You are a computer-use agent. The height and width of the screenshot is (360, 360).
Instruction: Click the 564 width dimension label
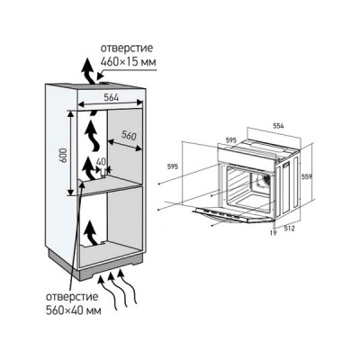coord(112,97)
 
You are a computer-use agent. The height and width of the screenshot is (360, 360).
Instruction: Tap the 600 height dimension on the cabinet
coord(63,155)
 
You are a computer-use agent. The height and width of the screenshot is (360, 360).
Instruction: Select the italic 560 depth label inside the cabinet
coord(129,136)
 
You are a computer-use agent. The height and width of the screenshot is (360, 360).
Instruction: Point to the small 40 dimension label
coord(101,162)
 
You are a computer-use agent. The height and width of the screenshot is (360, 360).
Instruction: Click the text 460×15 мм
coord(128,62)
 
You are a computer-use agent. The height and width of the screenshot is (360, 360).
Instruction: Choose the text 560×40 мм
coord(74,310)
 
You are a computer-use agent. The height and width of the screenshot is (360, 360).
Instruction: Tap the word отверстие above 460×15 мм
coord(127,49)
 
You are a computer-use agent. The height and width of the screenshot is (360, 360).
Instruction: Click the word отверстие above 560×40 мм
coord(72,297)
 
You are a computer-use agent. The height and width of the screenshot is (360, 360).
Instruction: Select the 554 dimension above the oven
coord(278,126)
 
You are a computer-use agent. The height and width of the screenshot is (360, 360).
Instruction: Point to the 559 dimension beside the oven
coord(307,176)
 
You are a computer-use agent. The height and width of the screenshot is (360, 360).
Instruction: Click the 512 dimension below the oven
coord(290,229)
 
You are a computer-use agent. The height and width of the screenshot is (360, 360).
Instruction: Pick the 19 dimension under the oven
coord(273,232)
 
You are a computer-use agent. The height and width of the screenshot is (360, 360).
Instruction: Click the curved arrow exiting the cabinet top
coord(87,72)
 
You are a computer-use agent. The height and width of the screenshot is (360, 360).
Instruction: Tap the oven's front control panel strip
coord(247,153)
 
